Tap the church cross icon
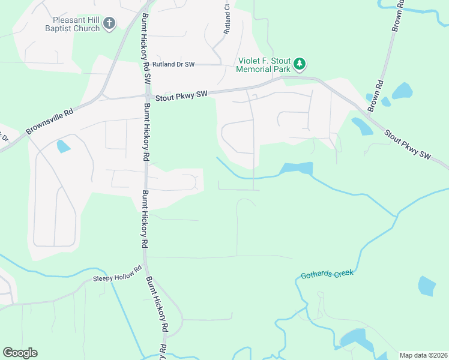pos(109,23)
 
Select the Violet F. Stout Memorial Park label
pos(263,65)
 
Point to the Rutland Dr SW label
pos(173,64)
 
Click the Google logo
pos(20,353)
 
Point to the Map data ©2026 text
pos(423,355)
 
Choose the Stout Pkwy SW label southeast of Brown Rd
pos(408,145)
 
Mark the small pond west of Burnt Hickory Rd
pos(63,146)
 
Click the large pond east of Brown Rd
pos(402,91)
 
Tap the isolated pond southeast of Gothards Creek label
pos(427,286)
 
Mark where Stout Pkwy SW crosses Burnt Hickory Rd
pos(146,96)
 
